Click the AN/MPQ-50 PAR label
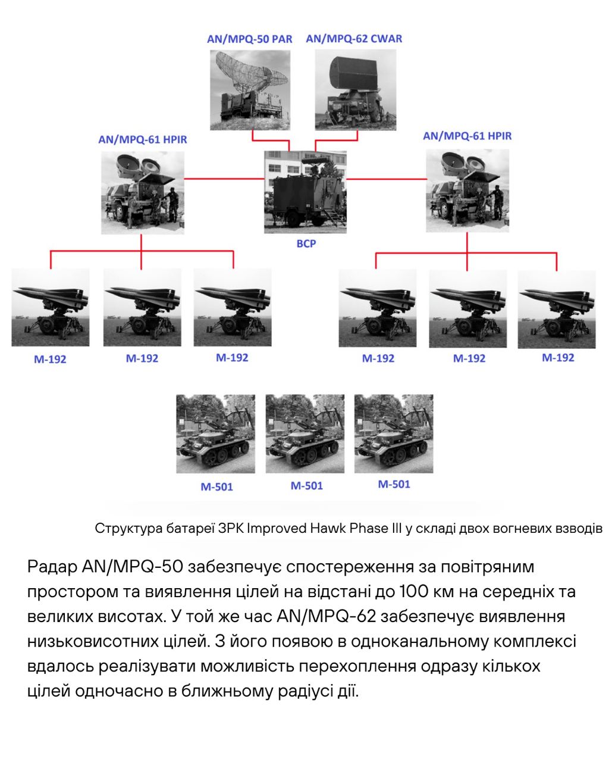tap(249, 39)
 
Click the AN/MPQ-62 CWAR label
tap(354, 39)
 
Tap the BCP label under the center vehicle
tap(306, 243)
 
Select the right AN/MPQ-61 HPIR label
tap(467, 136)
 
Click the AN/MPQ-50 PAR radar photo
tap(250, 89)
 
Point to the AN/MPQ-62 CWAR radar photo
tap(354, 89)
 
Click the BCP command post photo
tap(306, 192)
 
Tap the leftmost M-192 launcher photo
tap(51, 307)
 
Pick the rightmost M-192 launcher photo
tap(557, 308)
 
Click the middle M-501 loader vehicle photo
tap(304, 433)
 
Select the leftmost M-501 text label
tap(216, 487)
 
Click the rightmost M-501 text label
tap(394, 484)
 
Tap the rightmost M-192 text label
tap(558, 357)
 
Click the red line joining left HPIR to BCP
tap(224, 178)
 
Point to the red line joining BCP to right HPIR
tap(387, 178)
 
